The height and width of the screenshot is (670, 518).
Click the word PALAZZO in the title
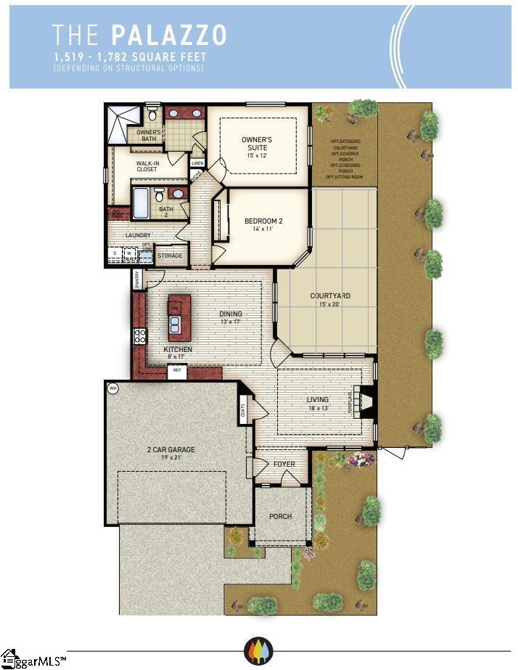(170, 35)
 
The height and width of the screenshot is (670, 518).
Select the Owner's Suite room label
(257, 143)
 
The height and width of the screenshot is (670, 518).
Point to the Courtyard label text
(330, 296)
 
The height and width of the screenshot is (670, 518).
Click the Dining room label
(231, 314)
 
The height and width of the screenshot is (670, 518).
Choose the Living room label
(317, 400)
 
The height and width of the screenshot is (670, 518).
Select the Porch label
(280, 517)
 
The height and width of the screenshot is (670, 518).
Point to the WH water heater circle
(112, 388)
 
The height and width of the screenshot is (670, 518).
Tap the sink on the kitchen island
(176, 322)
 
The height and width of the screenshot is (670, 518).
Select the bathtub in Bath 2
(141, 203)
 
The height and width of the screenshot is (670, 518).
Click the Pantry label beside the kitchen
(138, 279)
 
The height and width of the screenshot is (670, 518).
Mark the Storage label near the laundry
(170, 256)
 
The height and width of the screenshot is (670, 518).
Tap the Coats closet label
(242, 410)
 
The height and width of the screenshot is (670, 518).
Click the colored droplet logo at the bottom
(258, 648)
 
